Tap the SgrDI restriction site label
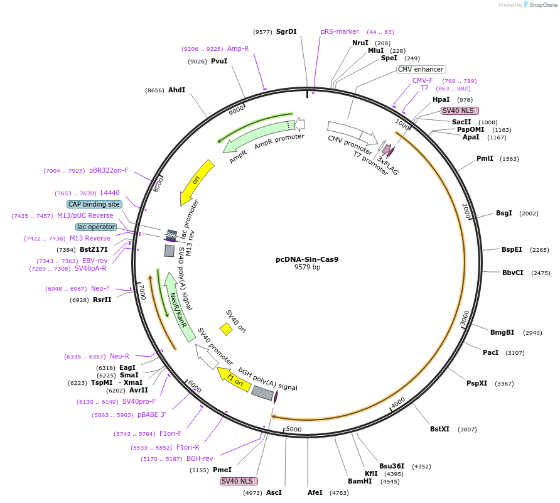tap(286, 31)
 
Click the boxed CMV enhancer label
tap(421, 69)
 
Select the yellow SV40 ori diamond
tap(226, 329)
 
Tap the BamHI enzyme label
tap(360, 482)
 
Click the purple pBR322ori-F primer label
tap(109, 170)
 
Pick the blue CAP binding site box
tap(94, 204)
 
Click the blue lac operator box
tap(96, 227)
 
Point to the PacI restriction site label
tap(490, 352)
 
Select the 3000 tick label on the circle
tap(464, 318)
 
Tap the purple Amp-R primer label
tap(238, 48)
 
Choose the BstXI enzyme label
tap(439, 429)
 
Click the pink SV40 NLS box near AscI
tap(239, 481)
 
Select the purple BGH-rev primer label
tap(200, 458)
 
